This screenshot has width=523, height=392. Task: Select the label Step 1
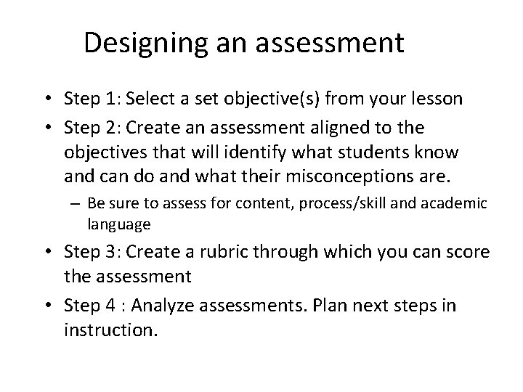point(90,98)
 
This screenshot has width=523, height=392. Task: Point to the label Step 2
point(90,127)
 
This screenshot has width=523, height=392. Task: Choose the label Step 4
point(90,306)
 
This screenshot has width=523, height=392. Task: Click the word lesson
point(439,98)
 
